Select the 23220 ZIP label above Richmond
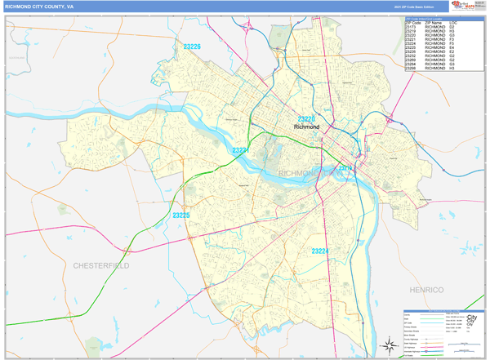tap(306, 119)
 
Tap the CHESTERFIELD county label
tap(101, 266)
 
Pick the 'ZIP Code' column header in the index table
tap(412, 23)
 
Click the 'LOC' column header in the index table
tap(452, 23)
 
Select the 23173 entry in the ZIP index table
tap(411, 27)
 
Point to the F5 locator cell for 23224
tap(452, 43)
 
